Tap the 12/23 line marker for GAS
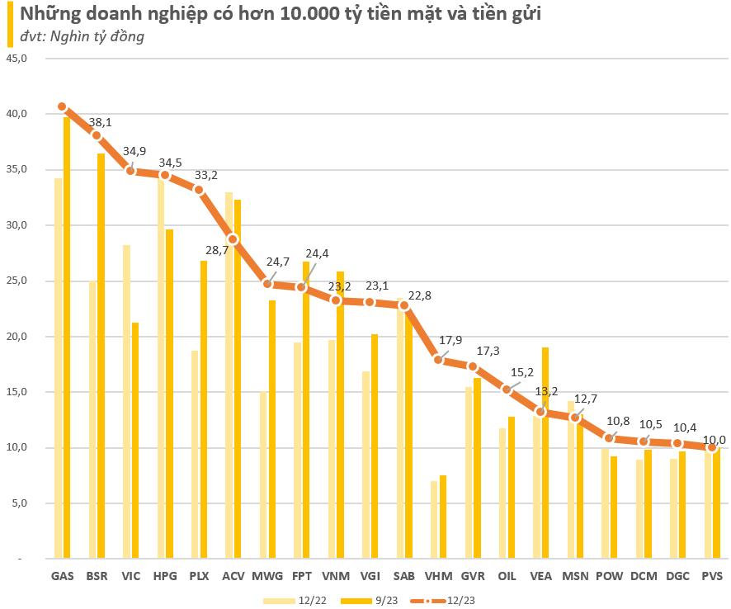62,106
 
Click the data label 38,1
100,122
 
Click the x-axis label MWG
267,576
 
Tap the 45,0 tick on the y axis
17,59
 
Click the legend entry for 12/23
445,600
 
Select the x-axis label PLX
199,576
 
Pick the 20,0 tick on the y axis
17,337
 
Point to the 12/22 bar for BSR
92,420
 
